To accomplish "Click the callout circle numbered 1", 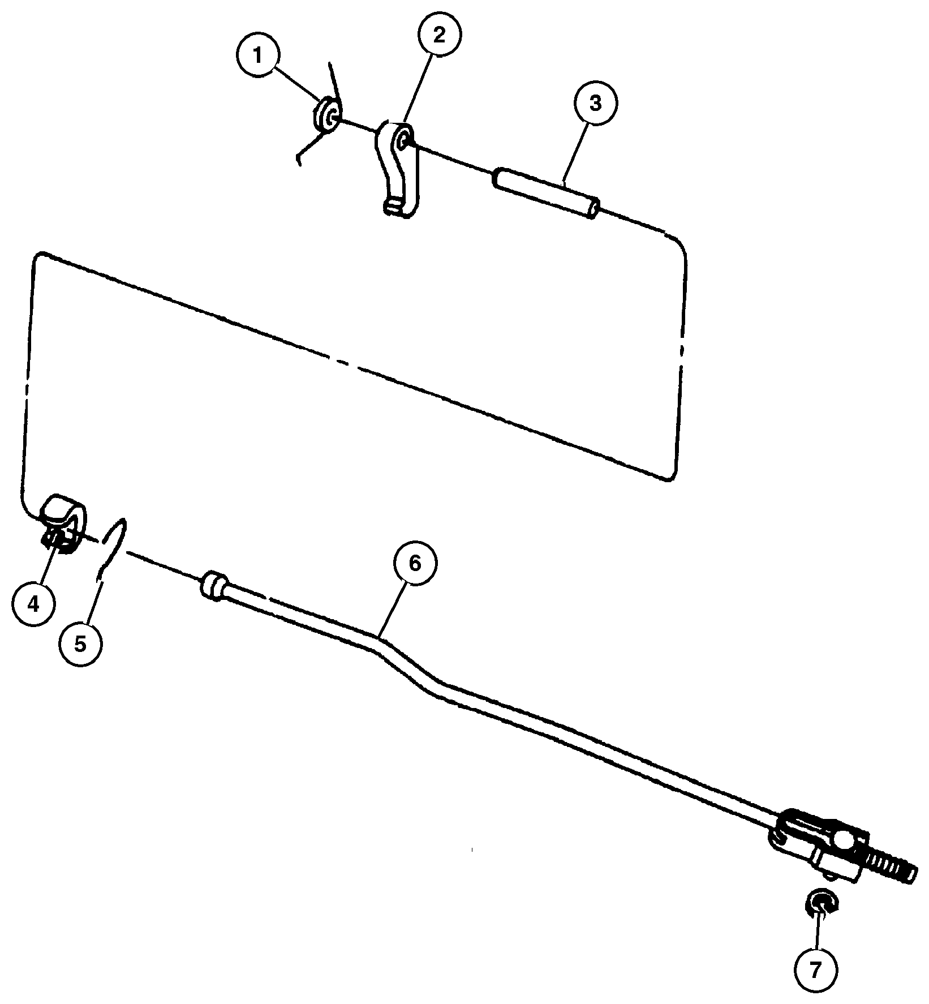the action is pyautogui.click(x=257, y=57).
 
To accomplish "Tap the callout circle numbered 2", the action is pyautogui.click(x=439, y=35).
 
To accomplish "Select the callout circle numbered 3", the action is pyautogui.click(x=595, y=104).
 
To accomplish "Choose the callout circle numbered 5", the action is pyautogui.click(x=80, y=644).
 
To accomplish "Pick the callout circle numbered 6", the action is pyautogui.click(x=415, y=564).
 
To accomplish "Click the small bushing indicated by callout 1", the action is pyautogui.click(x=326, y=116).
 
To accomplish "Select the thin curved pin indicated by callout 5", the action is pyautogui.click(x=111, y=548).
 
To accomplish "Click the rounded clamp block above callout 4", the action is pyautogui.click(x=63, y=517).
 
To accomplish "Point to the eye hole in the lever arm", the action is pyautogui.click(x=404, y=139).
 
